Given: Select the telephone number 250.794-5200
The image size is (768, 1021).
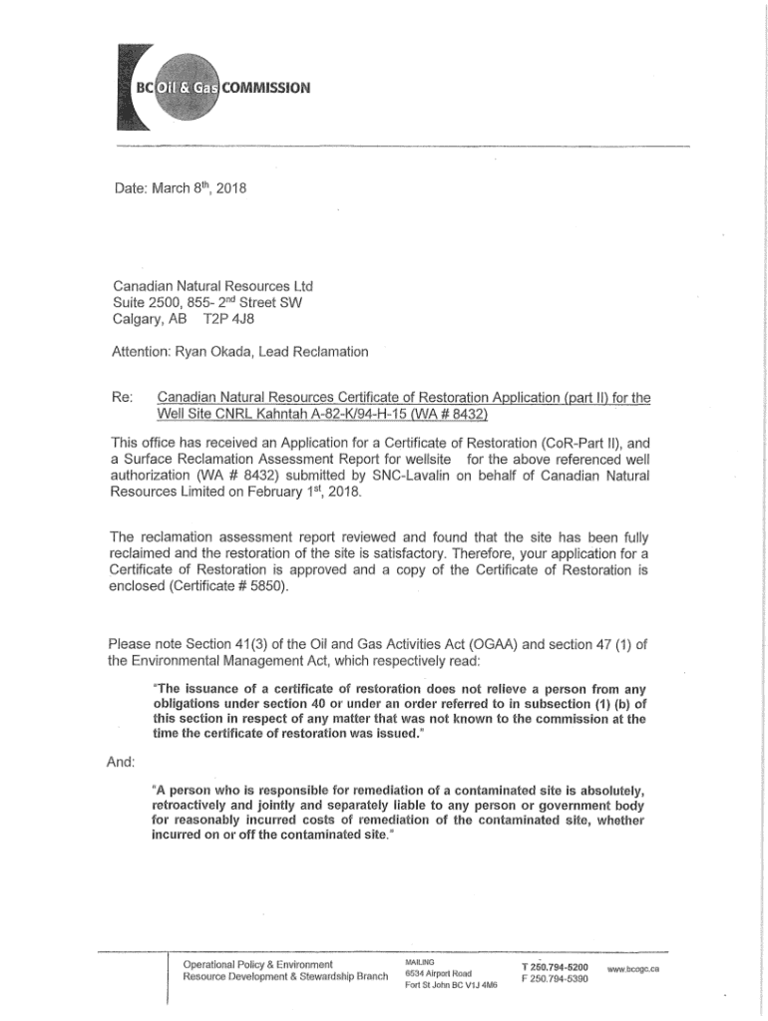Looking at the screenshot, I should coord(560,967).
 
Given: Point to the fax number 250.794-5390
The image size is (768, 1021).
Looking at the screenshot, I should coord(560,979).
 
